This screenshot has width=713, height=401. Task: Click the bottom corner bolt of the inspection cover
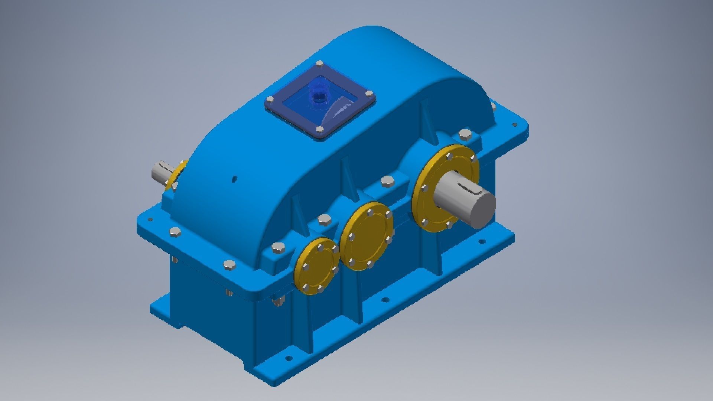tap(320, 130)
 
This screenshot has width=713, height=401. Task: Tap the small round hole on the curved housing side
tap(234, 179)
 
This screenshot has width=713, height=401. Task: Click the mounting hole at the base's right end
tap(482, 242)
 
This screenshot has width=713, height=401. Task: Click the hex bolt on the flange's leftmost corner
tap(175, 233)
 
